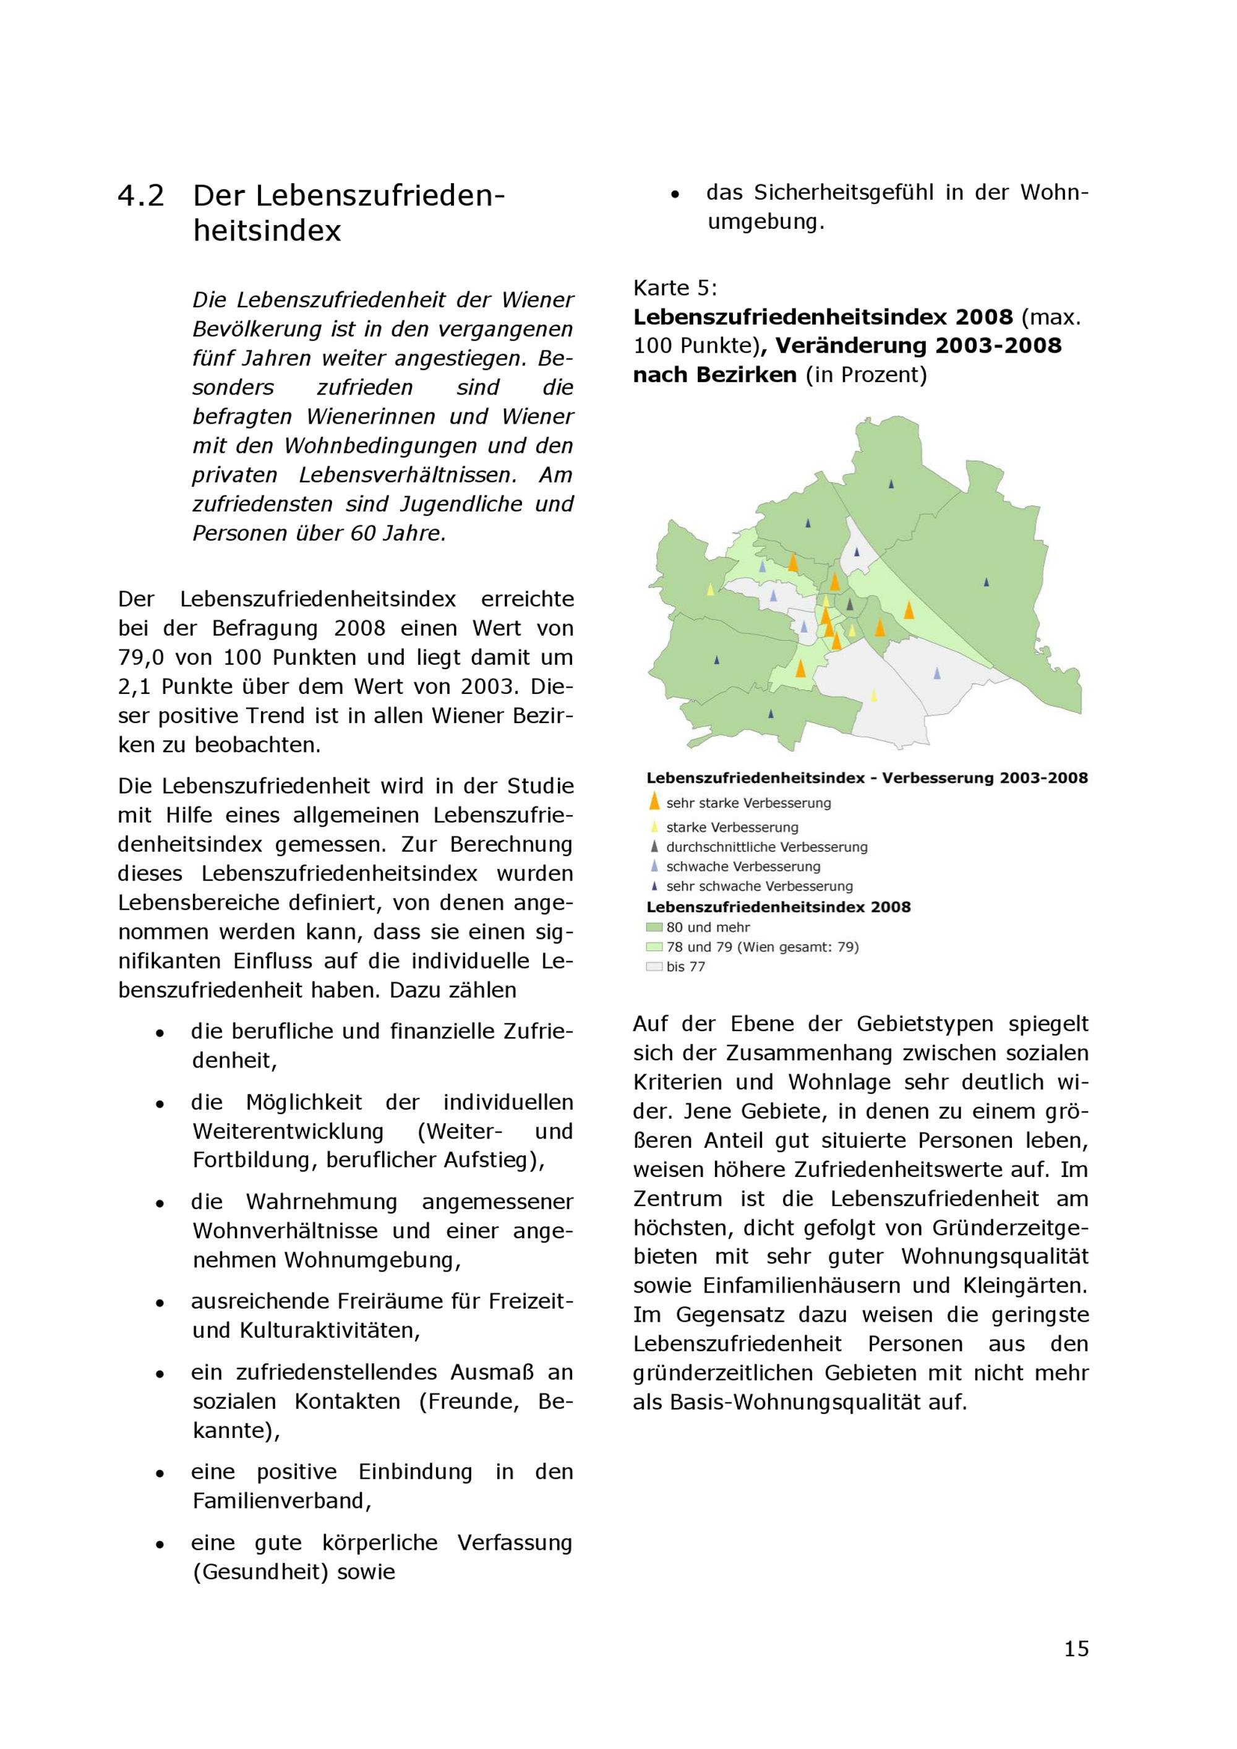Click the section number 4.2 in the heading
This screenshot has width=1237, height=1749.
(141, 197)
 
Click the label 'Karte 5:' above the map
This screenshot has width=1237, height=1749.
(675, 288)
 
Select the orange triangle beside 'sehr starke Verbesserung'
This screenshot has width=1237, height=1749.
(654, 801)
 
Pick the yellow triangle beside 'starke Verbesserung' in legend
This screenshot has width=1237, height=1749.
(654, 826)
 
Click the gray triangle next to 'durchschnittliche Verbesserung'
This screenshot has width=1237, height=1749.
(654, 846)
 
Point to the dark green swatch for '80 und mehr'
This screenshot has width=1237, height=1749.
(654, 927)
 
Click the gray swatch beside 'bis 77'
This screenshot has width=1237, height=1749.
(654, 967)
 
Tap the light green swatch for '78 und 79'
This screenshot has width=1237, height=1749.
(654, 947)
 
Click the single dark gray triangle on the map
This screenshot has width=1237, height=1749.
(850, 605)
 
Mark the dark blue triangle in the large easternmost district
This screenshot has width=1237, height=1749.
(987, 582)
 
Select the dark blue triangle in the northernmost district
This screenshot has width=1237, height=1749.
(891, 484)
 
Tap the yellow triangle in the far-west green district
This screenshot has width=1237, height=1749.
(711, 589)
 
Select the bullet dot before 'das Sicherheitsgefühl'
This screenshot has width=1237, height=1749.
(675, 195)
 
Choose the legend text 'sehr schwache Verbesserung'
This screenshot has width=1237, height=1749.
(759, 886)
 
